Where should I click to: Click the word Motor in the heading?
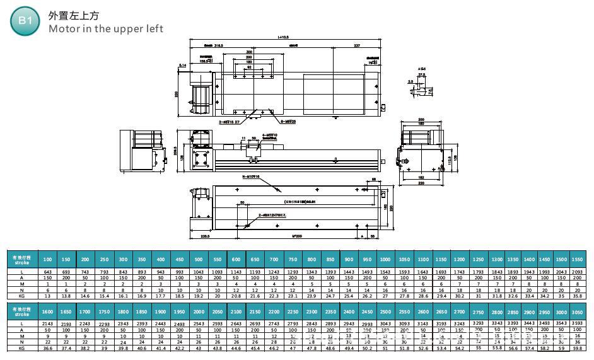(64, 28)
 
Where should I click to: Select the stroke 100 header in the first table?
(47, 260)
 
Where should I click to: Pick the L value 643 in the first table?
(47, 272)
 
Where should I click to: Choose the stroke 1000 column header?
(385, 260)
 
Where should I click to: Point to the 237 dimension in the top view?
(357, 46)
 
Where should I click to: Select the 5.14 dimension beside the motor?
(183, 65)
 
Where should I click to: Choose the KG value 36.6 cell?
(47, 347)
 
